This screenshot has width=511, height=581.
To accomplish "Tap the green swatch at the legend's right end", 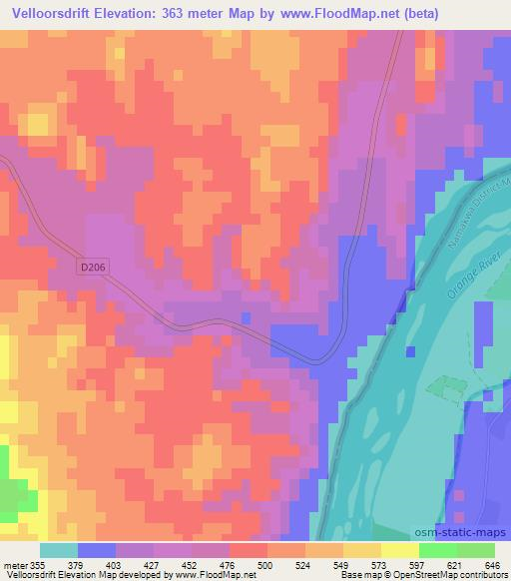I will pos(475,550).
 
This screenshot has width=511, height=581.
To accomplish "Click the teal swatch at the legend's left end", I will pos(59,550).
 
